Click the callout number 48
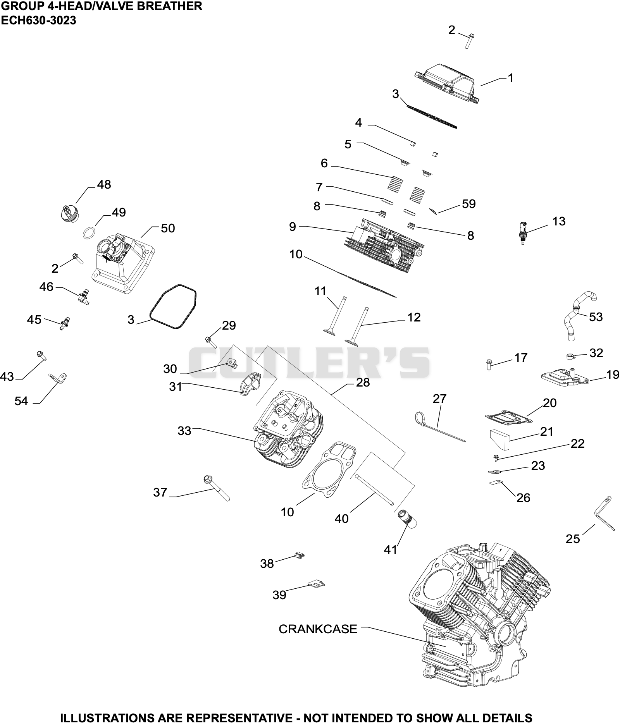(104, 184)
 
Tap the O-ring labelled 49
(90, 233)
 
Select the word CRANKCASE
(318, 629)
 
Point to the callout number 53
(596, 317)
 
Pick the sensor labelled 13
(523, 233)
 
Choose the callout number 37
(160, 492)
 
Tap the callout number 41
(391, 549)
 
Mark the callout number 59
(468, 204)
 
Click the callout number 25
(573, 538)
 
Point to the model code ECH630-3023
(38, 21)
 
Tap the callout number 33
(184, 430)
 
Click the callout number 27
(439, 398)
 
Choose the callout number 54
(21, 401)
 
